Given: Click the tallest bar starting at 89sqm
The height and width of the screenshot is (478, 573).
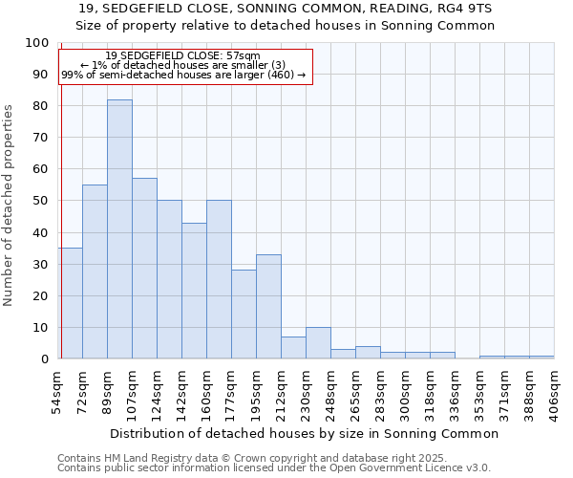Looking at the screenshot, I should pos(119,229).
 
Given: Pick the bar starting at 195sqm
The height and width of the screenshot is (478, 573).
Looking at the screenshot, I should pos(268,306).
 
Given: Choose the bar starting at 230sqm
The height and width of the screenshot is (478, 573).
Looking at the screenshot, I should pos(318,342).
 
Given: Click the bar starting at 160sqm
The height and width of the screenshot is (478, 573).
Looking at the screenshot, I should pos(219,279).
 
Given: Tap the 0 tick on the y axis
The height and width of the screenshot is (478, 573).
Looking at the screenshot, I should pos(45,358).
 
